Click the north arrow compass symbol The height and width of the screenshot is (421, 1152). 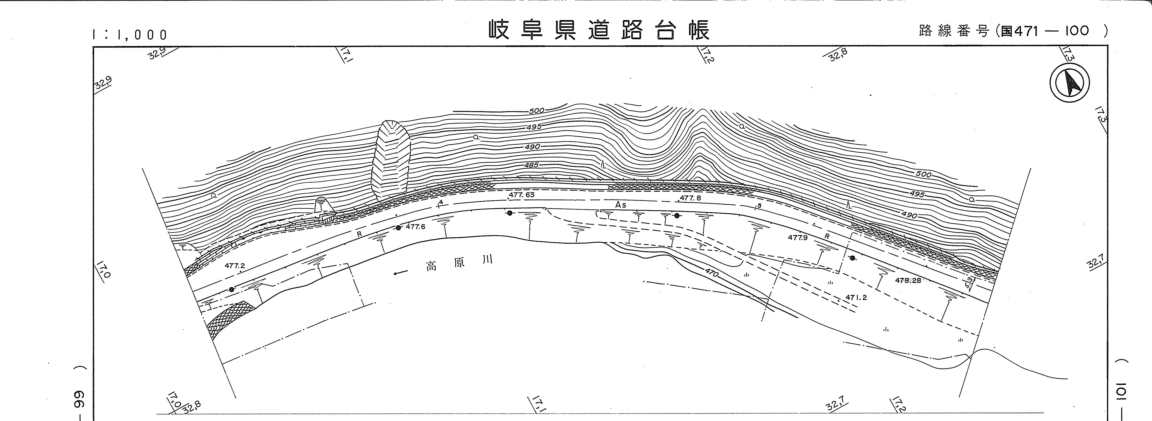click(x=1069, y=83)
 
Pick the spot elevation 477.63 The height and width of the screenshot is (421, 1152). click(x=521, y=195)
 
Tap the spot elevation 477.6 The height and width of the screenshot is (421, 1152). click(x=415, y=227)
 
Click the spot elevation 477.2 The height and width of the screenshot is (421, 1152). click(x=235, y=265)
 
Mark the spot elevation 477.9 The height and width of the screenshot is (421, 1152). click(x=797, y=238)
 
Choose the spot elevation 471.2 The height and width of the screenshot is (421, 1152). click(x=856, y=297)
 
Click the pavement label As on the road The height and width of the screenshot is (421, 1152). click(x=621, y=205)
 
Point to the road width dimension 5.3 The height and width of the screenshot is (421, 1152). click(x=969, y=284)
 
